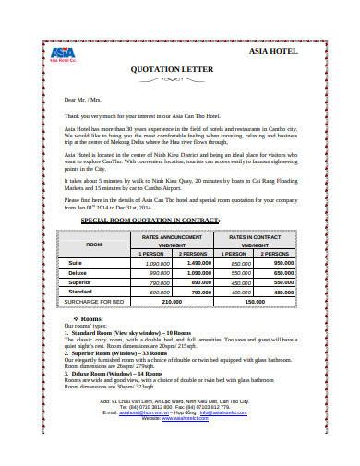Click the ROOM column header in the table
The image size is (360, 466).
click(x=94, y=245)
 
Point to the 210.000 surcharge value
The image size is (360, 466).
click(x=173, y=301)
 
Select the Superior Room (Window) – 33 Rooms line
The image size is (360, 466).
click(x=120, y=352)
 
